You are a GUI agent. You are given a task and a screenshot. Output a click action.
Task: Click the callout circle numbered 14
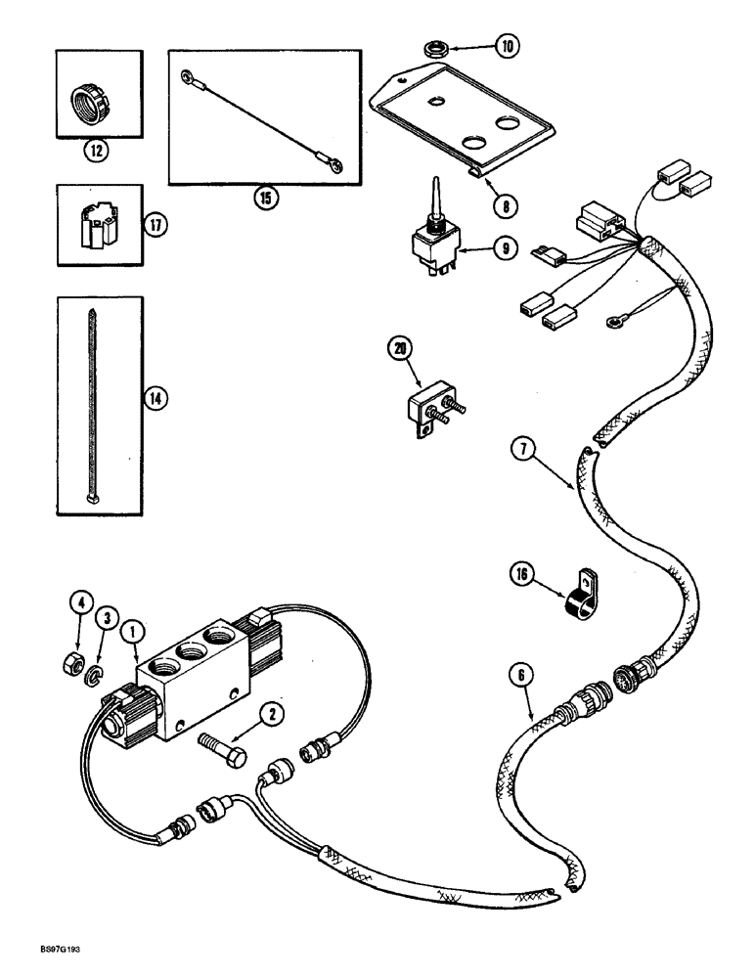coord(154,398)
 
